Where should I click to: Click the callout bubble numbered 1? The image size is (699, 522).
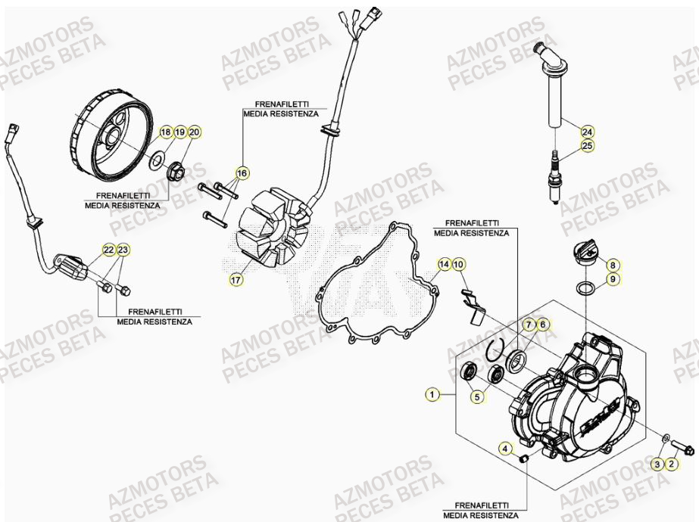(x=432, y=393)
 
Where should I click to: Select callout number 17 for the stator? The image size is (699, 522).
(x=236, y=280)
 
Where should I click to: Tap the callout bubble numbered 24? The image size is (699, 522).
(x=587, y=131)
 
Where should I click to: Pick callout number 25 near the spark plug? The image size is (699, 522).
(x=587, y=146)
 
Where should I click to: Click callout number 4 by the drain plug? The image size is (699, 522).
(x=504, y=449)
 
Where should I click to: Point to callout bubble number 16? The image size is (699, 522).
(x=241, y=173)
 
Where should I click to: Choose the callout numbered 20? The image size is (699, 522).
(x=194, y=132)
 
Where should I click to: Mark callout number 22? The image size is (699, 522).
(x=108, y=250)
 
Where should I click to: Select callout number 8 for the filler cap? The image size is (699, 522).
(x=613, y=265)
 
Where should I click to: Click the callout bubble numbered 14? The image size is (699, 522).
(x=445, y=264)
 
